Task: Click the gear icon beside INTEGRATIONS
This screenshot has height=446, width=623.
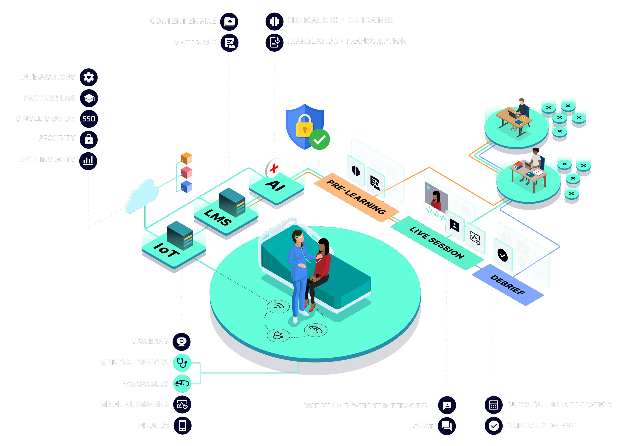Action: pos(89,77)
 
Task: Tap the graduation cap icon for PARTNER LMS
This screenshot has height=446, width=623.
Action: pos(89,98)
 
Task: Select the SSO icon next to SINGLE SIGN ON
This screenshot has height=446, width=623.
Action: pos(89,119)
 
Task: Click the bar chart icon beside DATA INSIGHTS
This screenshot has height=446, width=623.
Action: pos(88,160)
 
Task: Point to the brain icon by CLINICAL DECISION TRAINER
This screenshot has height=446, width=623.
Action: pos(274,21)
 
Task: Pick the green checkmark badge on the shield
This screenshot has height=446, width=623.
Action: pos(319,140)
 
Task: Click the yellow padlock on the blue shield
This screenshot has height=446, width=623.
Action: pos(304,127)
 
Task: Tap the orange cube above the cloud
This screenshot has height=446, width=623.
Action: pos(187,158)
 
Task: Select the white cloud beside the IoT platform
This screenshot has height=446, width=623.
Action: pos(142,195)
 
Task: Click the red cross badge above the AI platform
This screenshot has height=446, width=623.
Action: pos(274,168)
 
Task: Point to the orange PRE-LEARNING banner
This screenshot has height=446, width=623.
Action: pos(356,197)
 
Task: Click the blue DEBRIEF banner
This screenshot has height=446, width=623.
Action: pos(507,285)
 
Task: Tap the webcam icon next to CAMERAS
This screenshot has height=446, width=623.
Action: pos(181,342)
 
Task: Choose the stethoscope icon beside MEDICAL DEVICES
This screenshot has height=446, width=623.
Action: pos(182,362)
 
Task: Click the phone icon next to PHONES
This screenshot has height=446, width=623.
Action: pos(182,426)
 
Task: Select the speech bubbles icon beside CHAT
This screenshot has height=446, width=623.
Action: pos(447,426)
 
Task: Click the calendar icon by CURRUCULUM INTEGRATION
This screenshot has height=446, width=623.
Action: pos(493,405)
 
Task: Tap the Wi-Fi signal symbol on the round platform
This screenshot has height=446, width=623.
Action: pos(278,306)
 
